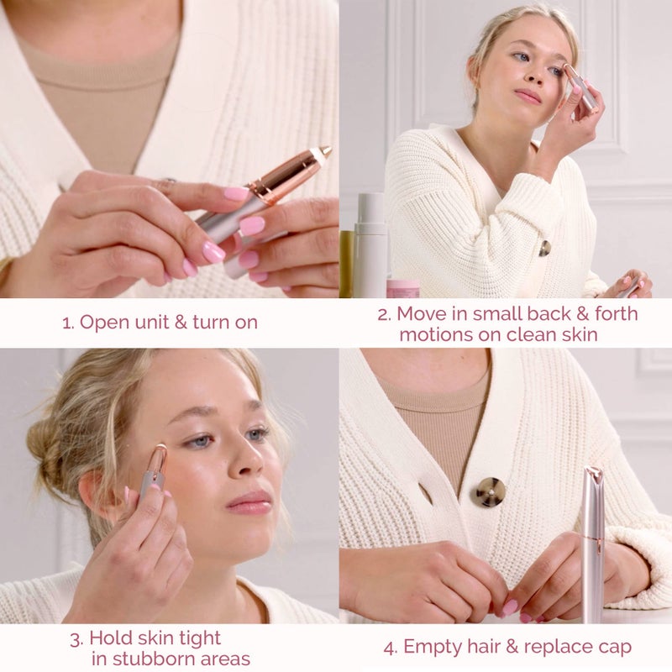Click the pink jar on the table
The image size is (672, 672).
[402, 288]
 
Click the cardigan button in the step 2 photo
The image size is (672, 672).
[544, 248]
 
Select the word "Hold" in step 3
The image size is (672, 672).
[110, 638]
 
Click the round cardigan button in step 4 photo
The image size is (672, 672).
[488, 491]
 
